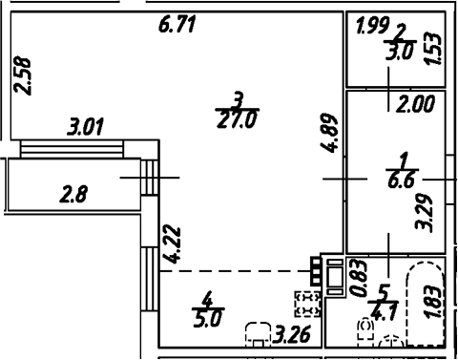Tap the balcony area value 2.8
point(73,197)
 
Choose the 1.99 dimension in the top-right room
point(371,27)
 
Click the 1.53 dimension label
point(435,48)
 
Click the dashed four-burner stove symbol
point(307,305)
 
